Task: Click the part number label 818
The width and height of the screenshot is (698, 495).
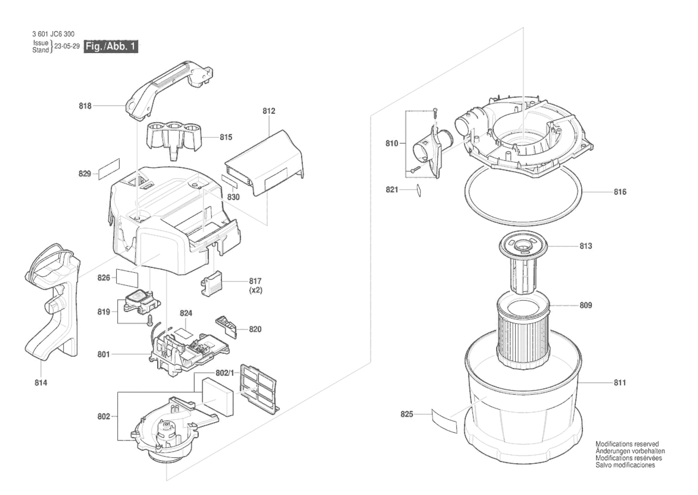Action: point(85,106)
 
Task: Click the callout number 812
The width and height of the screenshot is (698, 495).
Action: point(269,111)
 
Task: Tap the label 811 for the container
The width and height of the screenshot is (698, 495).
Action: point(620,382)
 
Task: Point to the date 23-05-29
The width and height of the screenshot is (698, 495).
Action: point(67,46)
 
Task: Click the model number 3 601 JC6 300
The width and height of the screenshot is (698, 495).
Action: point(53,34)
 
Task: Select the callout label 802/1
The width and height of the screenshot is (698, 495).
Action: point(225,373)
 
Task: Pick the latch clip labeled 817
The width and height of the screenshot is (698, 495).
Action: point(212,283)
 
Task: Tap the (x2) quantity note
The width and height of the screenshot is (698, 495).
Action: point(256,290)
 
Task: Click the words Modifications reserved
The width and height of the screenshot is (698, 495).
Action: point(627,444)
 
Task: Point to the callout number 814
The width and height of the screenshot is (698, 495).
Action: point(41,383)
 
